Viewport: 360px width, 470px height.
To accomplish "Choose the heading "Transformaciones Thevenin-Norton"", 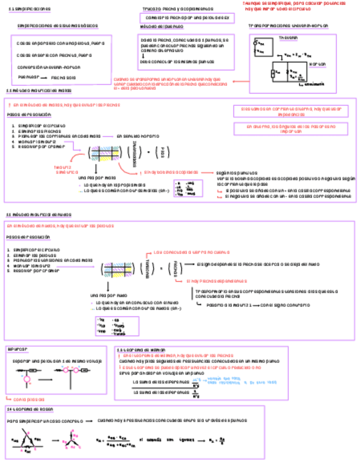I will click(x=288, y=26).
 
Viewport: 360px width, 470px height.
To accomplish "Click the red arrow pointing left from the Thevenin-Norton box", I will click(x=240, y=82).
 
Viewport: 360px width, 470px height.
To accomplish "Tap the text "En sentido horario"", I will click(x=138, y=135).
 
